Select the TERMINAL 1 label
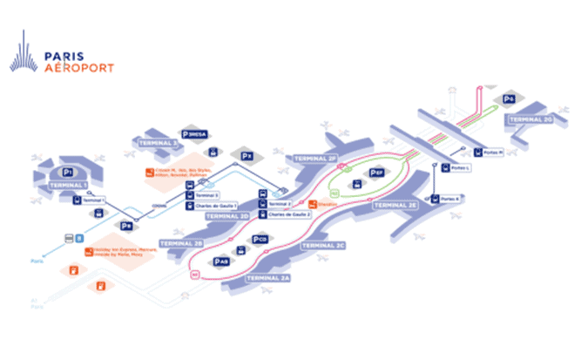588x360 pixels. (x=68, y=185)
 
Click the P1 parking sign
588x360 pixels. (x=71, y=162)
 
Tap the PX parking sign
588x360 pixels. (x=247, y=157)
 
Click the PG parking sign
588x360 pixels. (x=509, y=99)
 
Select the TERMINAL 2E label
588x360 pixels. (x=396, y=203)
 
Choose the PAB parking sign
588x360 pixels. (x=220, y=260)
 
